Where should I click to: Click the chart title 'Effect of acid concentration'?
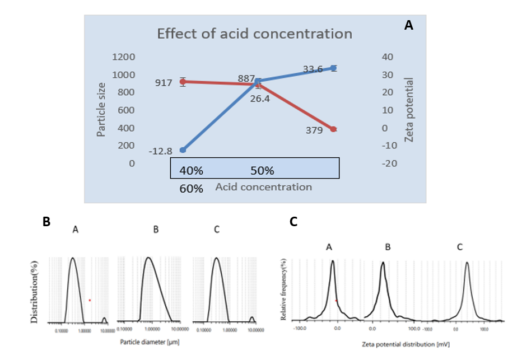254,34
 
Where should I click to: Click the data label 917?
164,83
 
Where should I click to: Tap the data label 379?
314,131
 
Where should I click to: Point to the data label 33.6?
313,69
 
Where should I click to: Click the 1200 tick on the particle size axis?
123,57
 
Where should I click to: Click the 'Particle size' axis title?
101,109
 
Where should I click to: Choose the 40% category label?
192,170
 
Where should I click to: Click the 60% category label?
192,189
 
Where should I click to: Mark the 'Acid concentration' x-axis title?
264,187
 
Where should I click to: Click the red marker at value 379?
334,129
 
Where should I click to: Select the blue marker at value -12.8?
183,150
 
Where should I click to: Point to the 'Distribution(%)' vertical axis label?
34,292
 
